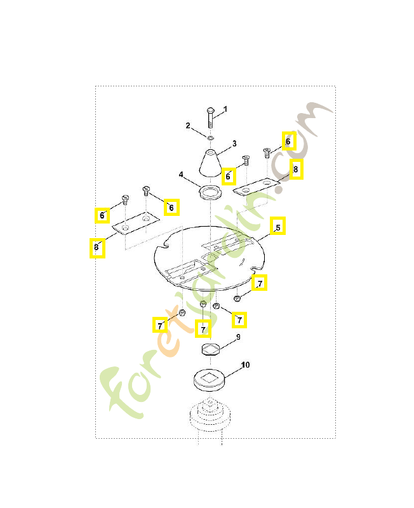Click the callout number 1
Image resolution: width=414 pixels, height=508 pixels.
tap(225, 109)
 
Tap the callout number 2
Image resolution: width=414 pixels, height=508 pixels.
tap(188, 125)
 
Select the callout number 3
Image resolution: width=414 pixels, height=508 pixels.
tap(234, 144)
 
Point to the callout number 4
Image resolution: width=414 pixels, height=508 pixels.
tap(181, 175)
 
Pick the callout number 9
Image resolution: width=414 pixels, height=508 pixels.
tap(238, 337)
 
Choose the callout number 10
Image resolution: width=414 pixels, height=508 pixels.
tap(246, 364)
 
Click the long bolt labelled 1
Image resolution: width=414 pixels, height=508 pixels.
tap(210, 117)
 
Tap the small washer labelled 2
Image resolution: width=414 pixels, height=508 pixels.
tap(210, 138)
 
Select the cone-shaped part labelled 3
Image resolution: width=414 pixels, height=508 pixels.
tap(211, 163)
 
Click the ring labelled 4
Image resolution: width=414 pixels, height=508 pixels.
tap(210, 193)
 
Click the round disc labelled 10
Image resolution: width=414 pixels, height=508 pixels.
tap(209, 380)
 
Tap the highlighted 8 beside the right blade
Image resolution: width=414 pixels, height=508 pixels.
tap(296, 169)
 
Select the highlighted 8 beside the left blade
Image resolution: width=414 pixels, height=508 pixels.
tap(97, 248)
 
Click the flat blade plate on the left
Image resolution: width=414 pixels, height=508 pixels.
tap(136, 223)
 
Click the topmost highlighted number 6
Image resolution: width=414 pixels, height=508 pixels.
tap(288, 141)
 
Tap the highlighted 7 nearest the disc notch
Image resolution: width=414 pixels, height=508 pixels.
tap(260, 283)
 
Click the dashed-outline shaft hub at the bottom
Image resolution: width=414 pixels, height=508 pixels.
tap(210, 417)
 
